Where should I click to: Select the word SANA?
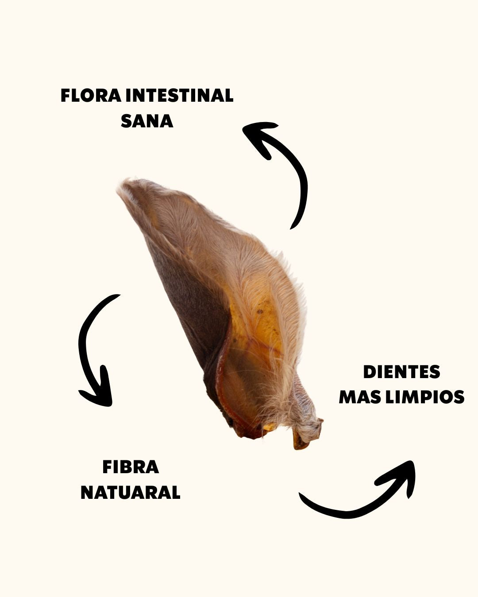pyautogui.click(x=147, y=121)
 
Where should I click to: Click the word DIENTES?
pyautogui.click(x=401, y=372)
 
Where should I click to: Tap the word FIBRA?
pyautogui.click(x=131, y=467)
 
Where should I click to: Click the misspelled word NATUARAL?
pyautogui.click(x=131, y=492)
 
